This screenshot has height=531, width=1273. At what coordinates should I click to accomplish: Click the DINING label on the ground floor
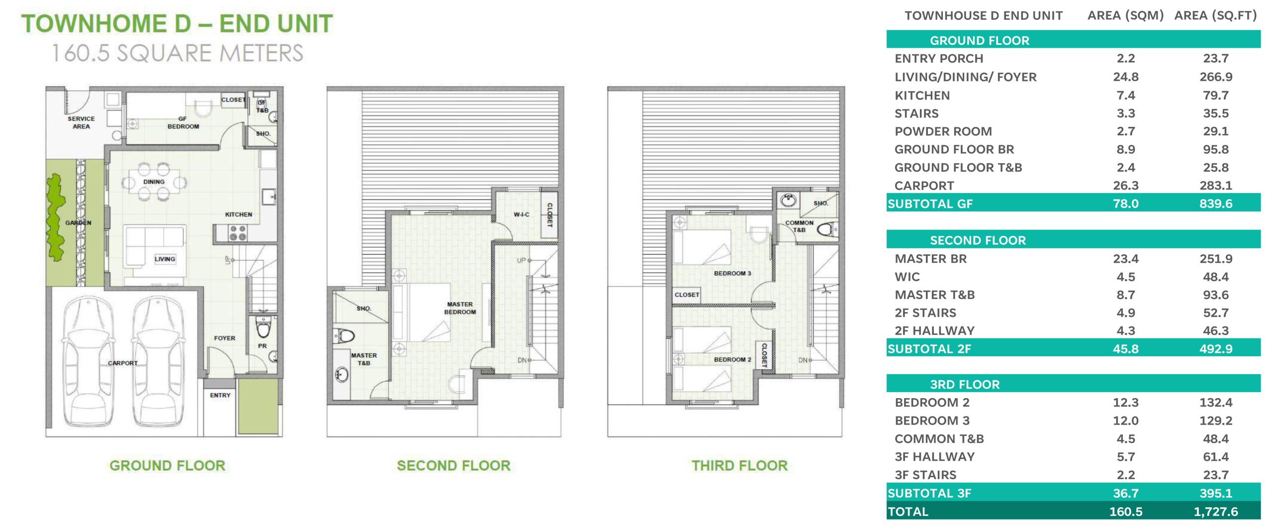tap(154, 182)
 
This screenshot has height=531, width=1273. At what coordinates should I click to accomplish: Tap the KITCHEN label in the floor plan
tap(239, 214)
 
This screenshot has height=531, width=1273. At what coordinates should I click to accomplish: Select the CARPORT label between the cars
tap(123, 363)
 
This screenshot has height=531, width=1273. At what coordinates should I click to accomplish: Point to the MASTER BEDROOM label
tap(460, 308)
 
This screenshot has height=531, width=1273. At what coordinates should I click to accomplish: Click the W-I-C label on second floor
tap(521, 214)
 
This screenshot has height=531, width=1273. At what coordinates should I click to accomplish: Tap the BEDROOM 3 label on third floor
tap(732, 273)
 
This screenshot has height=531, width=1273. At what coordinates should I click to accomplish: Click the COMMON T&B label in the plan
tap(799, 226)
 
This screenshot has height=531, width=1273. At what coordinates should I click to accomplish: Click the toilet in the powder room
tap(263, 328)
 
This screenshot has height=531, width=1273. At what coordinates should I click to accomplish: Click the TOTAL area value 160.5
tap(1126, 512)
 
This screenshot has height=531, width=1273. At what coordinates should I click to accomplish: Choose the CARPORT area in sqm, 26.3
tap(1126, 186)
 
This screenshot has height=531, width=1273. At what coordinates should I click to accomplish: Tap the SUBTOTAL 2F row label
tap(929, 349)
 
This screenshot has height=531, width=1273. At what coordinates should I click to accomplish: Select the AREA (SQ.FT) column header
tap(1215, 16)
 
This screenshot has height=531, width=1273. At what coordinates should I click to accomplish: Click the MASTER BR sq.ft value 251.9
tap(1216, 259)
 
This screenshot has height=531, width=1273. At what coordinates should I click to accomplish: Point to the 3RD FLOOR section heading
tap(965, 385)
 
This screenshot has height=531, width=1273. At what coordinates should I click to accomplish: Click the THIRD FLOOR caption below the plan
tap(739, 466)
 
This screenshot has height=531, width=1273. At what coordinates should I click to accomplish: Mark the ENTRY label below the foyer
tap(220, 396)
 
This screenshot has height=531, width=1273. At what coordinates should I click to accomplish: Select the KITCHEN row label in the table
tap(922, 96)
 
